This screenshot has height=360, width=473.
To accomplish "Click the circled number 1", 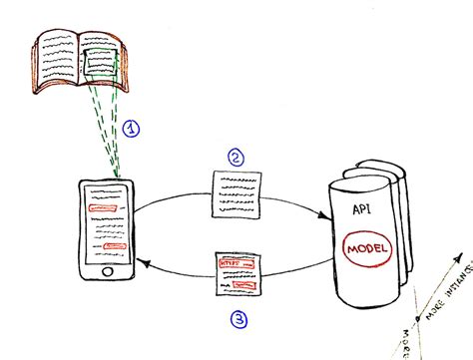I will click(x=133, y=129).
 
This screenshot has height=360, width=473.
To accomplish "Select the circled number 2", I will click(x=236, y=157).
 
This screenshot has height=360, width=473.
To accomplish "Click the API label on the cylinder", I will click(x=362, y=210).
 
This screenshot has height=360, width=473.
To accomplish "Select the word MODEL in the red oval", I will click(x=363, y=247).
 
